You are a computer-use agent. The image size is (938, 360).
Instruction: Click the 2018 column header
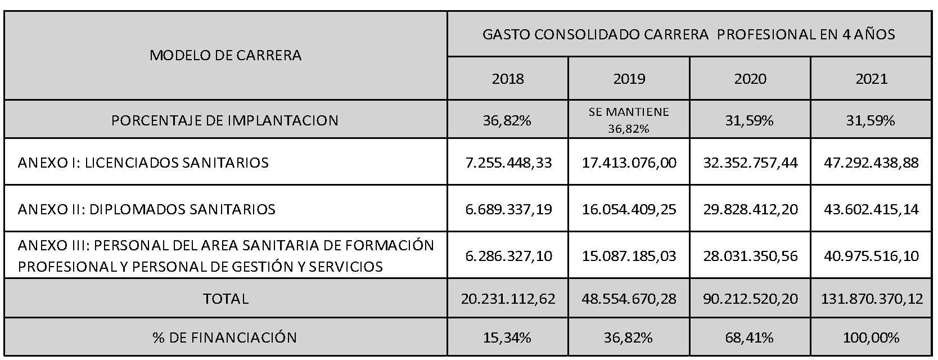508,79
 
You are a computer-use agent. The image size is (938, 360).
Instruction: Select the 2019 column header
629,79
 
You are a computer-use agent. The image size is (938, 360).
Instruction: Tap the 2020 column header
750,79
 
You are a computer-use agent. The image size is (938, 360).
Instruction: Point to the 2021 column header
872,79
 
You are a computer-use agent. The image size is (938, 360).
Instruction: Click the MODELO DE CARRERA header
226,55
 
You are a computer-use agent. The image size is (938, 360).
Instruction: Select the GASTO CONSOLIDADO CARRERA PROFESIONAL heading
689,34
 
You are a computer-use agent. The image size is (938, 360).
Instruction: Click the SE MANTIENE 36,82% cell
629,120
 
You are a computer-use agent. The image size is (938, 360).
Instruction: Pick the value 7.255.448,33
508,163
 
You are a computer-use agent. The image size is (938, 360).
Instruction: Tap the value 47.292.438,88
872,163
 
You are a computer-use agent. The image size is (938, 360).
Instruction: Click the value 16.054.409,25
629,209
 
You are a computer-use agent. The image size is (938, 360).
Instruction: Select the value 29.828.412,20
750,209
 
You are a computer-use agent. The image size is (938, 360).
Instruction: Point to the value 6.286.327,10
508,255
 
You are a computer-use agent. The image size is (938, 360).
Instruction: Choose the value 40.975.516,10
872,255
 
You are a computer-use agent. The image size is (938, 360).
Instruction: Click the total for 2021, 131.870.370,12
872,299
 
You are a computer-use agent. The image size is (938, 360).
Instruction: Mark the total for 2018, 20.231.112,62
508,299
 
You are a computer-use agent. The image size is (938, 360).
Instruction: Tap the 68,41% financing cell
749,337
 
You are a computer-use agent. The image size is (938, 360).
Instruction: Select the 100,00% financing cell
871,337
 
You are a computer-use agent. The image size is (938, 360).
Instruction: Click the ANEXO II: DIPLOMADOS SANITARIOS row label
147,209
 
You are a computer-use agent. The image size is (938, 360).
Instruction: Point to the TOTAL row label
226,299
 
